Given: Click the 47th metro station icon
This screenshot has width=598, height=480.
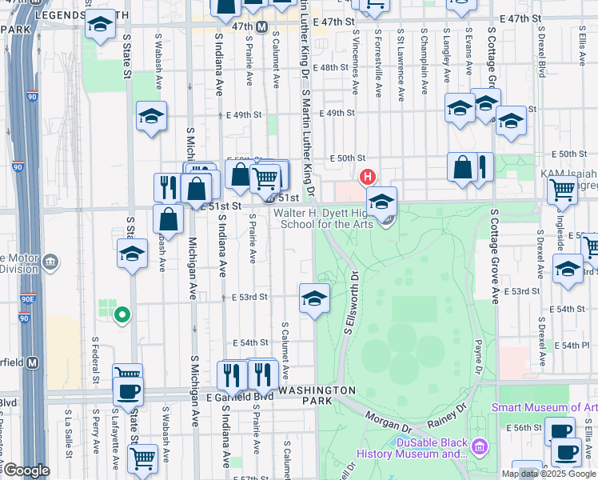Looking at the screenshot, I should [261, 26].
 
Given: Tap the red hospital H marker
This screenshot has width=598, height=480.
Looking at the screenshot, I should [367, 176].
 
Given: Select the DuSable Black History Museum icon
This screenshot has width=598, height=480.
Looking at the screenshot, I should [480, 446].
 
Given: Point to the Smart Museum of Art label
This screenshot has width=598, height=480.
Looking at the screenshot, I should [544, 408].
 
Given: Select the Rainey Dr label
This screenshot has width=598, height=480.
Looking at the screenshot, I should [450, 418].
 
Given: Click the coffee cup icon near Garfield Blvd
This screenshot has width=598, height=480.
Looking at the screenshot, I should [128, 391].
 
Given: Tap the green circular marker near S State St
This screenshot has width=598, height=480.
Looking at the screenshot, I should [122, 316].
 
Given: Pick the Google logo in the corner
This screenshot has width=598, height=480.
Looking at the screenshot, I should [26, 470].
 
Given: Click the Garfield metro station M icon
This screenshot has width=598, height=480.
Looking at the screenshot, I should [33, 362].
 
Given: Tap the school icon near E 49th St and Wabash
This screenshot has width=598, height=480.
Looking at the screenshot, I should [151, 117].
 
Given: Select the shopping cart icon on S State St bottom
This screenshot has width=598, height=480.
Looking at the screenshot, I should [142, 458].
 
